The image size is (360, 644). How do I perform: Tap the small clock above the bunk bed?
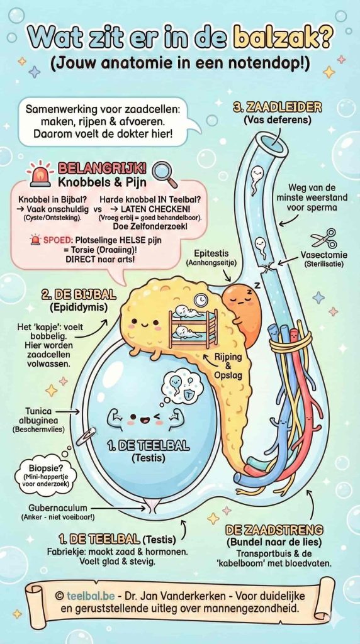200,301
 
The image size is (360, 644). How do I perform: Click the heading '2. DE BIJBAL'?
69,294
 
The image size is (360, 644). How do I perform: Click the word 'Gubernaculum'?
56,508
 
